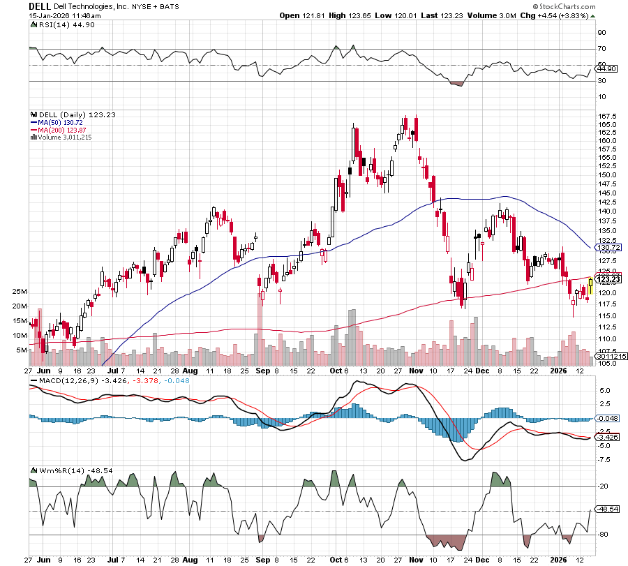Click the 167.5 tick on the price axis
606,116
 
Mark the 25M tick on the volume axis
19,291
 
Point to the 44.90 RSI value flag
607,68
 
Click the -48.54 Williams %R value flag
608,509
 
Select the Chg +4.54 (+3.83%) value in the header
566,15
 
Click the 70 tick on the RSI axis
601,49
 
